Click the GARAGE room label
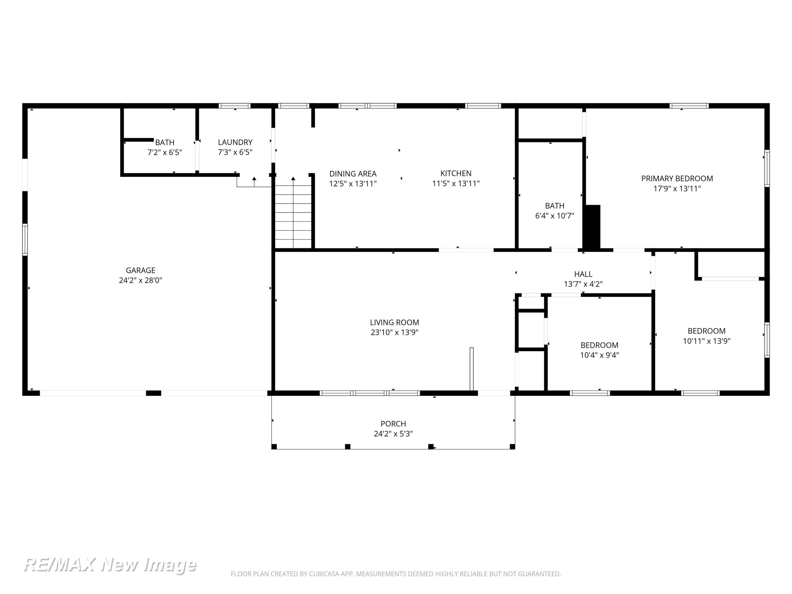click(140, 270)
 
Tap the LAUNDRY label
click(235, 142)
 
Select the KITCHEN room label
click(456, 173)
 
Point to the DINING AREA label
click(353, 174)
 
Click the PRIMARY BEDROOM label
click(677, 178)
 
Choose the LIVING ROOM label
click(395, 322)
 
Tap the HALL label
click(583, 274)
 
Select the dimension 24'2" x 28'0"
click(140, 280)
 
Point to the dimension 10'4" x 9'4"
click(599, 355)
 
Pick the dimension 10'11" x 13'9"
click(706, 341)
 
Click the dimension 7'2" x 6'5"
click(165, 152)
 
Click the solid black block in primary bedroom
click(592, 226)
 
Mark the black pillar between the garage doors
click(154, 393)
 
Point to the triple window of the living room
click(370, 393)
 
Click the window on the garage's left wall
click(25, 239)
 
